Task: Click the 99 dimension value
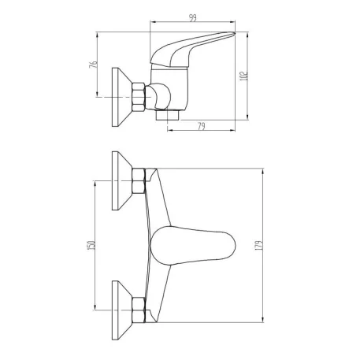193,18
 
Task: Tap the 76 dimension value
93,65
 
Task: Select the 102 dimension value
244,76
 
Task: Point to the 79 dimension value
202,126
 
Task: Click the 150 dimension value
91,245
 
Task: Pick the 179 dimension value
259,245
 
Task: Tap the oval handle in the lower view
193,246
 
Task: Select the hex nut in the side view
139,97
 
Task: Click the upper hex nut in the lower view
139,181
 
